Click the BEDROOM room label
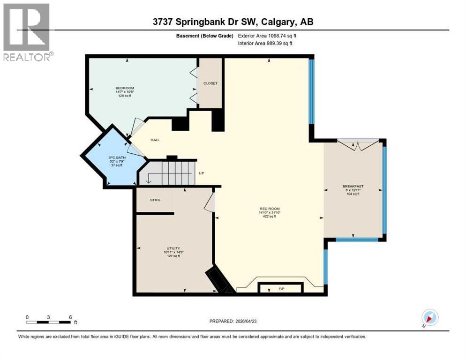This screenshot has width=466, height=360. (x=125, y=88)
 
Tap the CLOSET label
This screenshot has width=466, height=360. (x=210, y=83)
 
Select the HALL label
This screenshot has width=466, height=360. (x=155, y=140)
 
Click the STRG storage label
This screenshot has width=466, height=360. (x=155, y=200)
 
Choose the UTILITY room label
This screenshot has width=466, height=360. (x=173, y=248)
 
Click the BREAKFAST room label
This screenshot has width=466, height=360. (x=353, y=186)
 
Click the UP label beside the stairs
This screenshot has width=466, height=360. (x=202, y=173)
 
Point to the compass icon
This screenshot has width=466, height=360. (x=429, y=317)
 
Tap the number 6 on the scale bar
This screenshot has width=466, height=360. (x=70, y=317)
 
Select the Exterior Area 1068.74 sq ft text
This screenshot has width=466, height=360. (x=267, y=36)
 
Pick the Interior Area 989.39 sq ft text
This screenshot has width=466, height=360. (x=265, y=44)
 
